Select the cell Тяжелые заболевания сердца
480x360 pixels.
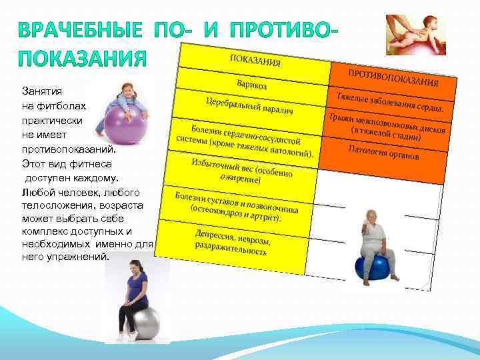390,101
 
